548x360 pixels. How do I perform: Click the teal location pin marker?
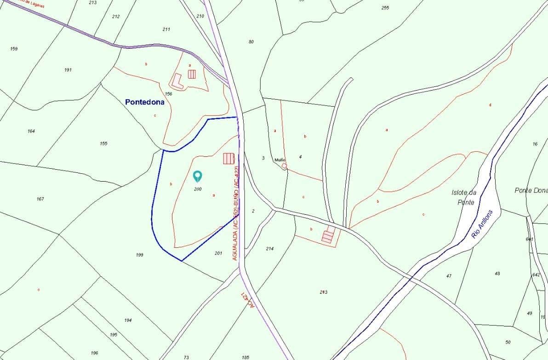[x=198, y=176]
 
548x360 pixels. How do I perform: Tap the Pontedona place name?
[x=144, y=102]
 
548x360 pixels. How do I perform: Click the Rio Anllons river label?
[x=482, y=224]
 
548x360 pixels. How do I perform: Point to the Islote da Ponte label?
[x=463, y=197]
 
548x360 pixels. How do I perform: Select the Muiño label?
[x=280, y=160]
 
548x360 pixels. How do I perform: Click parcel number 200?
[x=198, y=189]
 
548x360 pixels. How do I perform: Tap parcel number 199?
[x=140, y=255]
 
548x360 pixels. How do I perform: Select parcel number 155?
[x=103, y=143]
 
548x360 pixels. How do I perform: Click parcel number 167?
[x=40, y=199]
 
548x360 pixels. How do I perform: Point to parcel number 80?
[x=251, y=42]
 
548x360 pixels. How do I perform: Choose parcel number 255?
[x=385, y=8]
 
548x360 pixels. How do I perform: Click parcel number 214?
[x=270, y=249]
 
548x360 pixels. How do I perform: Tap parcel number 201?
[x=218, y=253]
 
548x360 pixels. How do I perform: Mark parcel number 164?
[x=31, y=131]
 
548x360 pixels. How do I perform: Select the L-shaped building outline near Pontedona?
[x=177, y=82]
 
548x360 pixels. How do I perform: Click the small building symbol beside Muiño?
[x=284, y=166]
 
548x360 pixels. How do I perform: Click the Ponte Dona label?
[x=531, y=190]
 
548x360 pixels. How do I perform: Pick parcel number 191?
[x=68, y=70]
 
